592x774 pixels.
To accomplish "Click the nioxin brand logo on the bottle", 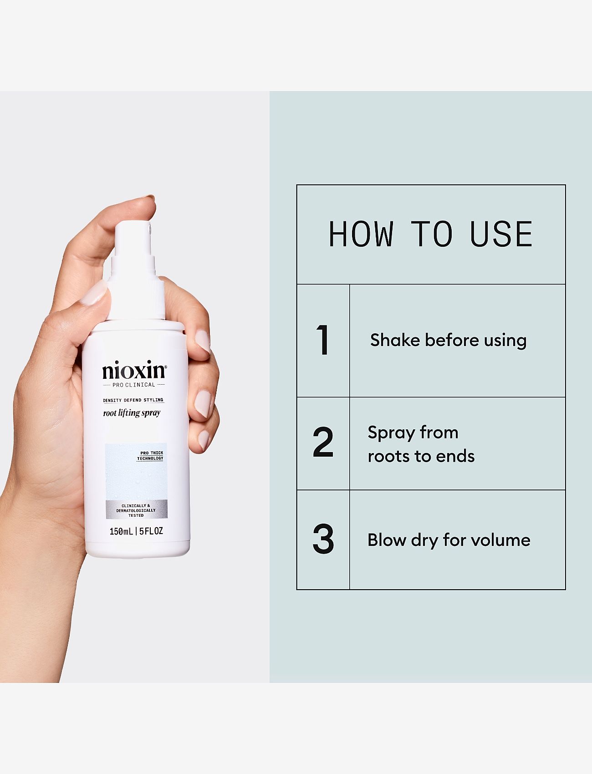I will [x=134, y=371].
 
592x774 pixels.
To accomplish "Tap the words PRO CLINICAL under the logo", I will [x=134, y=385].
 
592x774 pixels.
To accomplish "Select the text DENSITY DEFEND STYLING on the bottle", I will [x=133, y=400].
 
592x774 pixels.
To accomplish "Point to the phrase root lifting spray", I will [x=132, y=413].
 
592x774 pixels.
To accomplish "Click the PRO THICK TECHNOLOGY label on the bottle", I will [x=151, y=456].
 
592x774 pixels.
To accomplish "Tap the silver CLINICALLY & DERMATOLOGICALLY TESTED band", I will [x=136, y=510].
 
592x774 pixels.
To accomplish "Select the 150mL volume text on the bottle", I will [x=121, y=531].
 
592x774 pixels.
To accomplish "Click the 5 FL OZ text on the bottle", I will [x=151, y=531].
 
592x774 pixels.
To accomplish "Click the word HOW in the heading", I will [x=361, y=234].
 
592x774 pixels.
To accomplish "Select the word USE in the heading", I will [x=501, y=234].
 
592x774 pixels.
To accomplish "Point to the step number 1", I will [x=323, y=340].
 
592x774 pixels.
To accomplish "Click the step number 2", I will [x=323, y=442].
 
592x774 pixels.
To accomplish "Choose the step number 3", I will [x=323, y=540].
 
